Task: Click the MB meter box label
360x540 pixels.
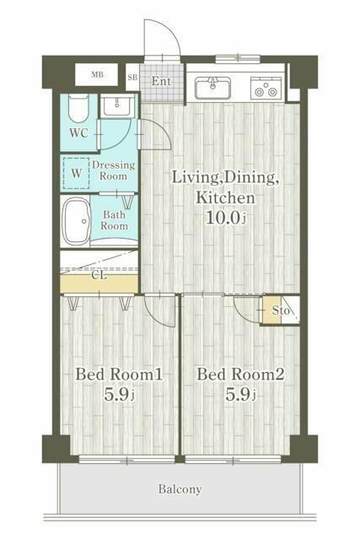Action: point(98,74)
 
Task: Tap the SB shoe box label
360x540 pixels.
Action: point(132,77)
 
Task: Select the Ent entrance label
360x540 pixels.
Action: point(161,81)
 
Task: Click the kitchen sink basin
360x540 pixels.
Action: point(212,88)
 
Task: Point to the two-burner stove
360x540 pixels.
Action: point(266,88)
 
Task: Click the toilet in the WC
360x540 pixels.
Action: point(78,108)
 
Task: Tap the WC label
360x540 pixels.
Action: point(78,133)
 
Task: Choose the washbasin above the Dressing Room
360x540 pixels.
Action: point(116,105)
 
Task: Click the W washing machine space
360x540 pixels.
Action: point(77,173)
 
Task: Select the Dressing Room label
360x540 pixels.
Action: point(113,170)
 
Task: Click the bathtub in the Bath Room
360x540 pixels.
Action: point(77,221)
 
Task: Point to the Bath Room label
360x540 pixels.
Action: point(115,220)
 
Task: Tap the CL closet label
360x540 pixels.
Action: point(99,276)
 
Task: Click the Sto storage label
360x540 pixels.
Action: point(281,310)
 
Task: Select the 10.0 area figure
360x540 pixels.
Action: point(223,218)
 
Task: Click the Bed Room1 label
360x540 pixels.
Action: point(119,375)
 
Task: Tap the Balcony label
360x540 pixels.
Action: point(180,489)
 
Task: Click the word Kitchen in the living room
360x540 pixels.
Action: point(225,198)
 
